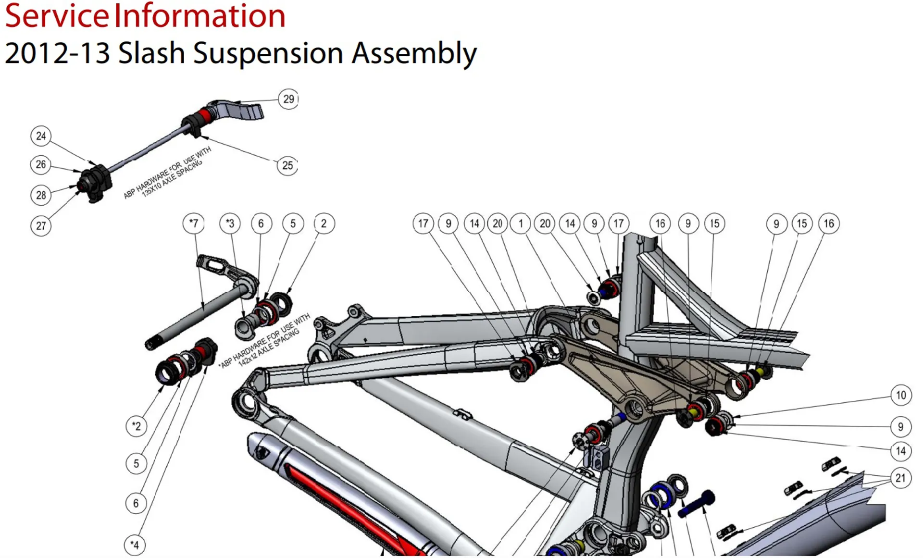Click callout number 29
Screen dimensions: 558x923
click(288, 99)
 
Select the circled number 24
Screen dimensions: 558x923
click(41, 136)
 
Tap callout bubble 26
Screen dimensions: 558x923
click(40, 165)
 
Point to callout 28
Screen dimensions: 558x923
click(41, 195)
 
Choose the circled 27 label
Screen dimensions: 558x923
click(41, 226)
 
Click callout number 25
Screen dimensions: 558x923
click(287, 166)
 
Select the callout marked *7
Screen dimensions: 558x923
click(194, 223)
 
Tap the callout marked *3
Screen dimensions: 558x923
click(230, 223)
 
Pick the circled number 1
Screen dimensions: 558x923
click(520, 223)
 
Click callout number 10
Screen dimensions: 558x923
click(901, 396)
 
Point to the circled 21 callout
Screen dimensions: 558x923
click(900, 478)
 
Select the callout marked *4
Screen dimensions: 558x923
click(135, 545)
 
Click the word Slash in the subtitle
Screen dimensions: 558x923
click(151, 53)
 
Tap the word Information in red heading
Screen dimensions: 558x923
click(200, 16)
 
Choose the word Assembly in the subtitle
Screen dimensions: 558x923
click(414, 54)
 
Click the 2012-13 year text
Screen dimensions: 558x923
click(57, 53)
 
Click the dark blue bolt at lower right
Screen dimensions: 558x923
click(696, 503)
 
